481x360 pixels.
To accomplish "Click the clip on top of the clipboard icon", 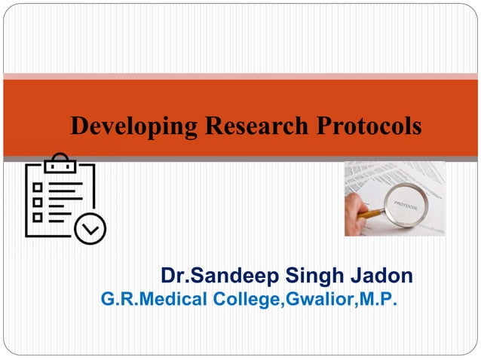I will (x=60, y=160).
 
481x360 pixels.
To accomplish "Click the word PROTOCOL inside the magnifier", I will (x=406, y=203).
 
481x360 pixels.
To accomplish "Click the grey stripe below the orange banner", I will (x=240, y=159).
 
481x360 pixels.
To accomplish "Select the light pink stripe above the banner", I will (x=240, y=76).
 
